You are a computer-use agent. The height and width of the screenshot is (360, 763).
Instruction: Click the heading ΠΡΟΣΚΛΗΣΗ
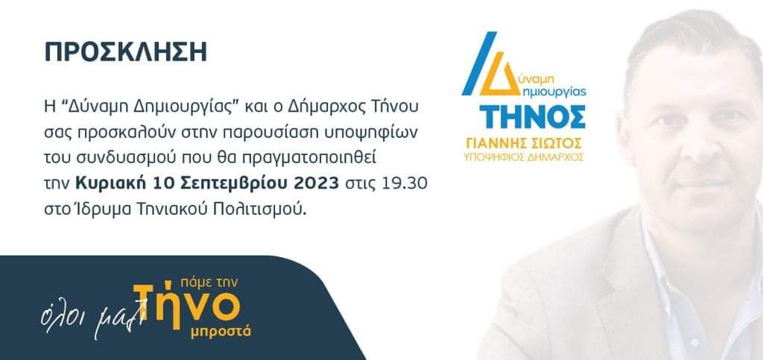click(x=125, y=52)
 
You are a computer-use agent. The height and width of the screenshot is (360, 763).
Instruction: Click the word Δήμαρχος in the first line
click(x=318, y=107)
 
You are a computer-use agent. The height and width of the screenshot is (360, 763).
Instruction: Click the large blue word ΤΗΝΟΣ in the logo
click(x=532, y=117)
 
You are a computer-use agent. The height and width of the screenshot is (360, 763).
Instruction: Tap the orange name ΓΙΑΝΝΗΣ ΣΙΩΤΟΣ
click(x=524, y=144)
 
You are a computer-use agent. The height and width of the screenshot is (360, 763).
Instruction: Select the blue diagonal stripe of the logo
click(x=479, y=63)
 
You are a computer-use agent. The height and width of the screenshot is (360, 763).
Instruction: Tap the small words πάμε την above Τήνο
click(x=209, y=283)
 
